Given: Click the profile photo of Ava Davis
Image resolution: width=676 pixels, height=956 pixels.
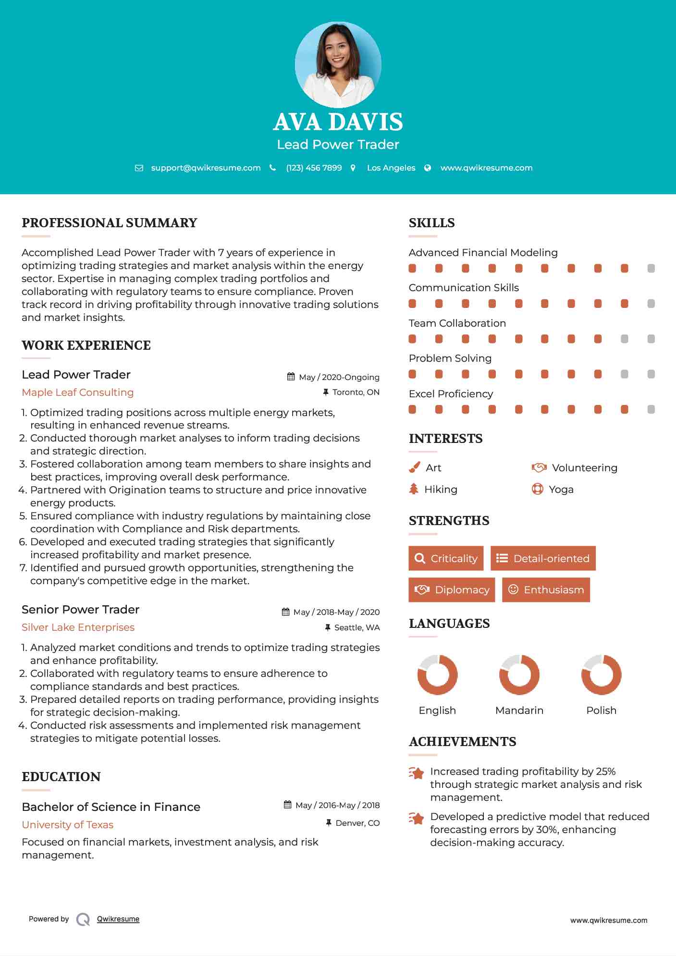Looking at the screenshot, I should coord(338,64).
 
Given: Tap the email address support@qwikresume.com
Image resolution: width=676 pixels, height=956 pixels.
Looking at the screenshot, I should coord(206,168).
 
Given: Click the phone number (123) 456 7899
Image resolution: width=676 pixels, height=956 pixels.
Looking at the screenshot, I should coord(314,168).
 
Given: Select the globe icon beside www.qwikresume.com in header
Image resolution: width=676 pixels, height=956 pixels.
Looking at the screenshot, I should coord(428,168).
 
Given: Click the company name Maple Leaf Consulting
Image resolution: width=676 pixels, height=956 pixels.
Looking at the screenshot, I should coord(78,392).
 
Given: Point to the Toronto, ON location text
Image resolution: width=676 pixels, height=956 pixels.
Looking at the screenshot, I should coord(356,392).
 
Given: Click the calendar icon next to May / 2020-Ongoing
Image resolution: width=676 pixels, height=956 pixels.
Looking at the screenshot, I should coord(291,377).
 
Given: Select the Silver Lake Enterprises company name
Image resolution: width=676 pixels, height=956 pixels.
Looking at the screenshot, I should coord(78,627).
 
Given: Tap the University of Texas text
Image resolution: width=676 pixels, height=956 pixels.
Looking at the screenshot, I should coord(68,825).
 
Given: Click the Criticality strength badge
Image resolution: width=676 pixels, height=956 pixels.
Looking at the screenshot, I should coord(446,558).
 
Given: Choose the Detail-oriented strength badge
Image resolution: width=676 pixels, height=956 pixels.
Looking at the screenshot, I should coord(543,558).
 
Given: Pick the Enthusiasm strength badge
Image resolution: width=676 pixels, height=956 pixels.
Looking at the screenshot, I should coord(546,589).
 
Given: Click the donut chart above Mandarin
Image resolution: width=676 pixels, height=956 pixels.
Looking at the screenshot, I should coord(519,674).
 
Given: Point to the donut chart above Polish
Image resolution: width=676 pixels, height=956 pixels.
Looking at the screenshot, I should coord(601,674).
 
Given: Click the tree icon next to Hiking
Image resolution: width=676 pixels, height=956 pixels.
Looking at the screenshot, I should coord(414,489).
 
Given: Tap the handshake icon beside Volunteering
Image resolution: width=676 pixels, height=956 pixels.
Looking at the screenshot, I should coord(539,467).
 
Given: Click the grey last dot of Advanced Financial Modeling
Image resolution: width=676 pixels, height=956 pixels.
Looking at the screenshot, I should coord(651,268).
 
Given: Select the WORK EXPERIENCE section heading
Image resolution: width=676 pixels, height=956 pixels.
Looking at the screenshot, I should coord(86,345).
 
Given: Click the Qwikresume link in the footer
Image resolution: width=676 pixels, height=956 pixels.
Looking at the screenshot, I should coord(118,919).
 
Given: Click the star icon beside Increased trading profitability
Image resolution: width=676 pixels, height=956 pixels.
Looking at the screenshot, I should coord(417,773).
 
